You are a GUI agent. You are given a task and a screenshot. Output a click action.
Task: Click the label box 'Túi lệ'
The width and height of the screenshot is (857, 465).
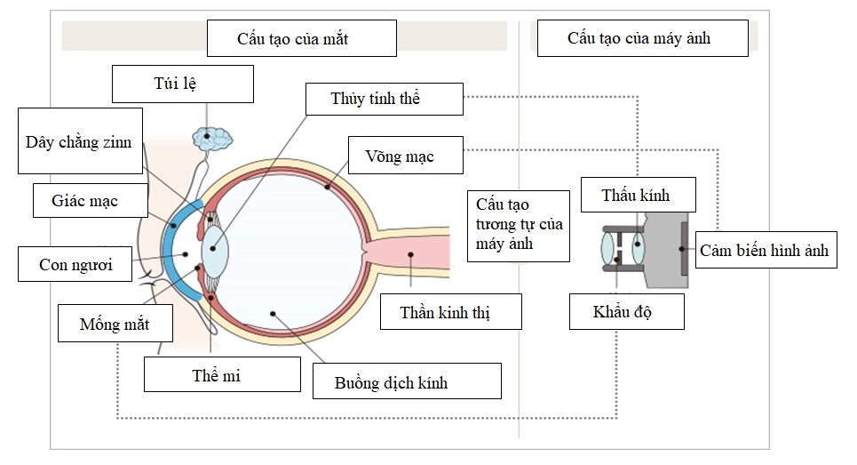(x=183, y=84)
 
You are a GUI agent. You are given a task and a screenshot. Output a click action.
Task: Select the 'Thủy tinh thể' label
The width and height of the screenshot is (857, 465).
(x=384, y=99)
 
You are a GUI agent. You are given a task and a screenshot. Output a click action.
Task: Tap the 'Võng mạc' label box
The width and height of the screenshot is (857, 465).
(x=405, y=156)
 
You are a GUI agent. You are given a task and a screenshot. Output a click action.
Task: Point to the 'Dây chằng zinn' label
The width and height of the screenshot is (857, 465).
(x=80, y=141)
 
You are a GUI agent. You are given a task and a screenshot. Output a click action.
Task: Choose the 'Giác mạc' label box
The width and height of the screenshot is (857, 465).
(x=88, y=201)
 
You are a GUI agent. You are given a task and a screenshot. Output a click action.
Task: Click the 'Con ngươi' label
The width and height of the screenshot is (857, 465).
(x=77, y=264)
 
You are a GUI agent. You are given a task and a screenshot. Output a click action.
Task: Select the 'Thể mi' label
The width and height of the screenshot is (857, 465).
(x=217, y=375)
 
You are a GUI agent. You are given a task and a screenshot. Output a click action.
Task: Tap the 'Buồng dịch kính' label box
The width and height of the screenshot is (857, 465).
(x=407, y=382)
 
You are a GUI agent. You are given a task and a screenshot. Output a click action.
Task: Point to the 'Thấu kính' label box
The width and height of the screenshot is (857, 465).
(x=635, y=195)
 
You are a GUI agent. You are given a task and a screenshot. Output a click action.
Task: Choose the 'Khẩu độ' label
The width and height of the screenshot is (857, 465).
(x=626, y=312)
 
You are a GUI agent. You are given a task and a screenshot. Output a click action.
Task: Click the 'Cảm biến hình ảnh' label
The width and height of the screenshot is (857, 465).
(x=764, y=251)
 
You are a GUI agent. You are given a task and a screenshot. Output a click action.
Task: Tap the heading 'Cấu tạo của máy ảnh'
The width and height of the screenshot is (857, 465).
(x=639, y=38)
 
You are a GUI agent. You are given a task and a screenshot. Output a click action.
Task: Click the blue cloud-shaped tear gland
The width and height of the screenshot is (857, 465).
(x=212, y=138)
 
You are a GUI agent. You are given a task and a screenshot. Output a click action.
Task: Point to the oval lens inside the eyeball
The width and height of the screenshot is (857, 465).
(x=215, y=248)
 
